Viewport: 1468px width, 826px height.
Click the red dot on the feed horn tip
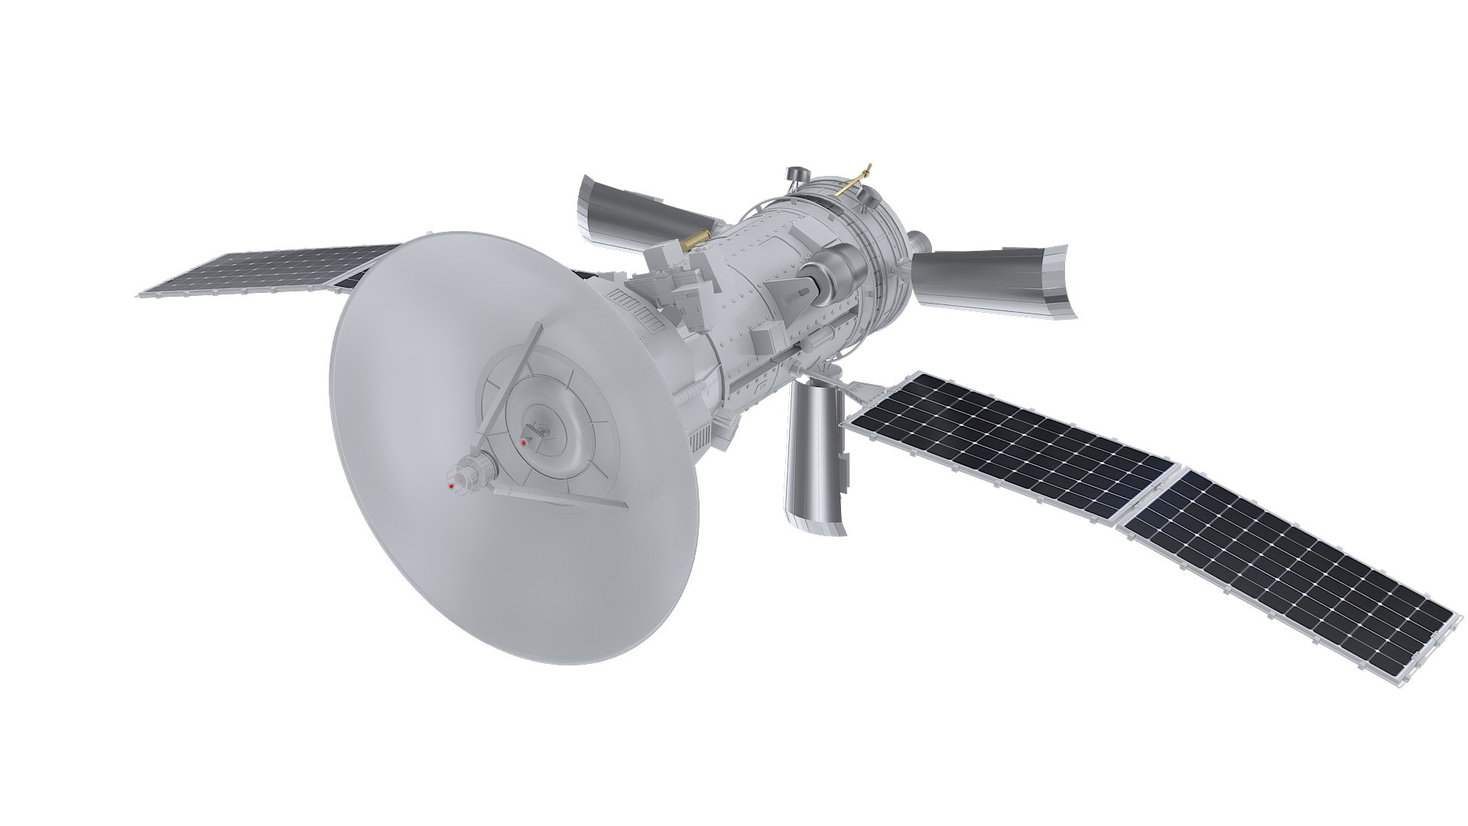pyautogui.click(x=451, y=486)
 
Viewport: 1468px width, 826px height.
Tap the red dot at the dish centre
pyautogui.click(x=524, y=442)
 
